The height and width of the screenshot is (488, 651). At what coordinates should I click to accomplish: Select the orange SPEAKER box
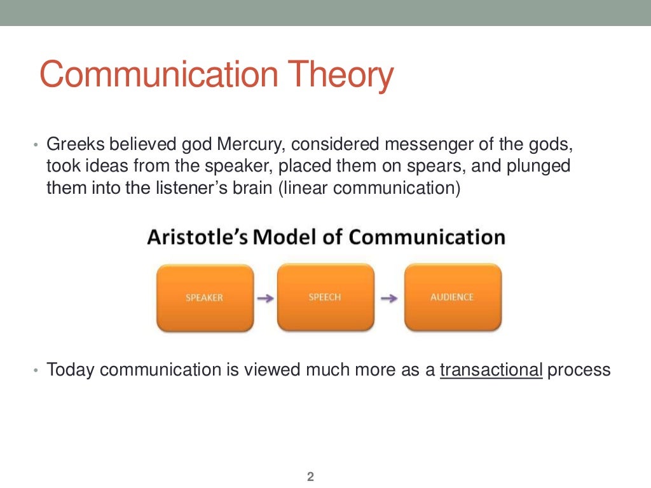[204, 297]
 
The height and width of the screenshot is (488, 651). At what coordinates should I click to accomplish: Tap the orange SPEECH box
[325, 297]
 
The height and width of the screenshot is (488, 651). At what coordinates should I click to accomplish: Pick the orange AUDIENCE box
[452, 297]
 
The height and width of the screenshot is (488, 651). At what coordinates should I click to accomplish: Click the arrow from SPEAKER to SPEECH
[265, 298]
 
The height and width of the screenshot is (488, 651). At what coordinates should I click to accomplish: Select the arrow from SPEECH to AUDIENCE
[389, 298]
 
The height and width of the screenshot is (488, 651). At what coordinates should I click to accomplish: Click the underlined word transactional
[491, 370]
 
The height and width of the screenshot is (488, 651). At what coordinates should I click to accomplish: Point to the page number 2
[311, 477]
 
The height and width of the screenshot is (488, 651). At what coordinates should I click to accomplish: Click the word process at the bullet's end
[579, 370]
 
